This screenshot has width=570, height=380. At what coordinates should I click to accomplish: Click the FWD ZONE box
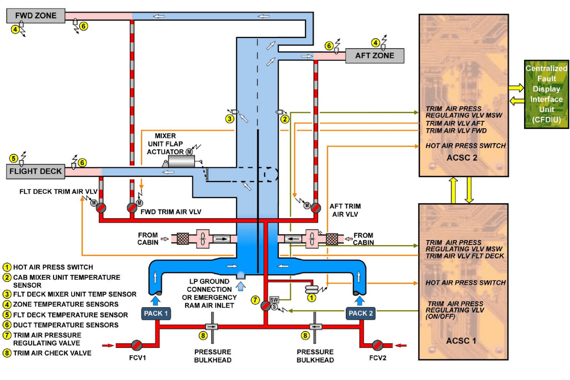36,16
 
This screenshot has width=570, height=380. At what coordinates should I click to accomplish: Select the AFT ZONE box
374,56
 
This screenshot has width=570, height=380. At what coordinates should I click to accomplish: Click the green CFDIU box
546,94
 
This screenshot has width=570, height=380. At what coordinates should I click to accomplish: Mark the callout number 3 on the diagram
230,119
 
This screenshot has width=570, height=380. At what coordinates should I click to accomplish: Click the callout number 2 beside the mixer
284,119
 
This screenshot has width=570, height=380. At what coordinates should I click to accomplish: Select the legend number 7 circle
7,335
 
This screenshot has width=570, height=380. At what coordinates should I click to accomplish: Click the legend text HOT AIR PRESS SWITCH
53,267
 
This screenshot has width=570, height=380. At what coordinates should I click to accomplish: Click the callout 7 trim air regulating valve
266,306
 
